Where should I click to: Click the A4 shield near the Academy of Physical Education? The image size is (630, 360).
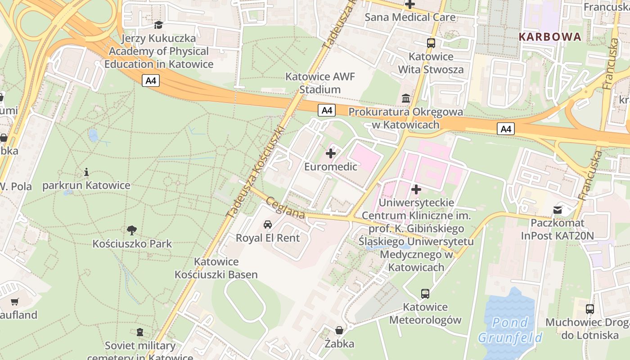pyautogui.click(x=151, y=81)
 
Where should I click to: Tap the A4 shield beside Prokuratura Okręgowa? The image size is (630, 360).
pyautogui.click(x=327, y=110)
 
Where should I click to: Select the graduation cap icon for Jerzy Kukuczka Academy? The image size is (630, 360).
pyautogui.click(x=158, y=25)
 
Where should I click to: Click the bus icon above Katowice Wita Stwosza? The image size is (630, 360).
pyautogui.click(x=431, y=43)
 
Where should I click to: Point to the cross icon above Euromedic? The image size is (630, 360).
pyautogui.click(x=331, y=153)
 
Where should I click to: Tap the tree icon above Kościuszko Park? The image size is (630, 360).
pyautogui.click(x=132, y=230)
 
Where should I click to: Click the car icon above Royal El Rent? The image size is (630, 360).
pyautogui.click(x=268, y=224)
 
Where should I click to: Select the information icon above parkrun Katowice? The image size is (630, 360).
pyautogui.click(x=86, y=172)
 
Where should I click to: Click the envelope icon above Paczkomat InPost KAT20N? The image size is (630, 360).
pyautogui.click(x=558, y=210)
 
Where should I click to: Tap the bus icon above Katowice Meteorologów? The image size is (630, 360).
pyautogui.click(x=425, y=294)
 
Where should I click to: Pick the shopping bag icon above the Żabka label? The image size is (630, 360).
pyautogui.click(x=339, y=330)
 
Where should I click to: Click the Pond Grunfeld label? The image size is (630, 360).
pyautogui.click(x=510, y=330)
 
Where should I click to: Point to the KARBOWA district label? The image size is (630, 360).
pyautogui.click(x=550, y=37)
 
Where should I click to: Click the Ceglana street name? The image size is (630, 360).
pyautogui.click(x=285, y=208)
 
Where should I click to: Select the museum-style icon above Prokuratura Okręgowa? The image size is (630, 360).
pyautogui.click(x=406, y=98)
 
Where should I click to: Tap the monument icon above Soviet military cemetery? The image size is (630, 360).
pyautogui.click(x=140, y=332)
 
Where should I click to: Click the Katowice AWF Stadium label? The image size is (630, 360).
pyautogui.click(x=320, y=83)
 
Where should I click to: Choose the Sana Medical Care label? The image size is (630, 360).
pyautogui.click(x=410, y=17)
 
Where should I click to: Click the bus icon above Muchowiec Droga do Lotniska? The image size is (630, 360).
pyautogui.click(x=590, y=309)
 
